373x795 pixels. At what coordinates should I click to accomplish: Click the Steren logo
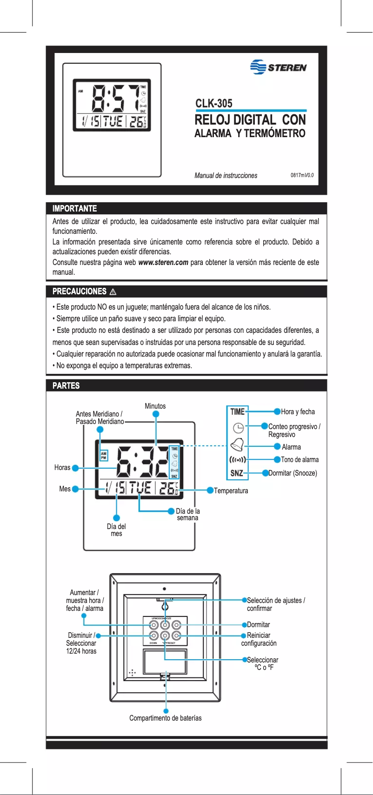pos(278,67)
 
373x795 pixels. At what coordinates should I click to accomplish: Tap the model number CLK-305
pos(213,103)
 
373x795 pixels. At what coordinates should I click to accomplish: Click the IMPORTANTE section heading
pos(74,209)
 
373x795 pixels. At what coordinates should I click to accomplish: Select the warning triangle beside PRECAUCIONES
pos(113,292)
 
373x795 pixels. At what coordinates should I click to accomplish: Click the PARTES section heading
pos(66,385)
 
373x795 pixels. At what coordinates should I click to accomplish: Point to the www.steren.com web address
pos(163,262)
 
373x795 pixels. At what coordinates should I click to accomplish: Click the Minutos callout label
pos(155,406)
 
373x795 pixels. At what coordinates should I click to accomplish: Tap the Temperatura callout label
pos(231,490)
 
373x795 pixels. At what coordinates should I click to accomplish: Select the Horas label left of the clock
pos(62,468)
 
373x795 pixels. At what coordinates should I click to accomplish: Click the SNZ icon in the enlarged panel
pos(237,473)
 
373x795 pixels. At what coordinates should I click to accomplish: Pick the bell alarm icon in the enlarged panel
pos(237,444)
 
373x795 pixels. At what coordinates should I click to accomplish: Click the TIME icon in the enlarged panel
pos(237,411)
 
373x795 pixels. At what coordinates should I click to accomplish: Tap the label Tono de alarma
pos(300,459)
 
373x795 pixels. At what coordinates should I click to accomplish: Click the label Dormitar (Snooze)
pos(293,473)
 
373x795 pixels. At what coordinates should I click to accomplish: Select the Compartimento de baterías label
pos(166,718)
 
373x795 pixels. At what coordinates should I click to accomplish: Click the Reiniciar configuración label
pos(259,639)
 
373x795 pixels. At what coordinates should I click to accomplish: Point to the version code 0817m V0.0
pos(302,175)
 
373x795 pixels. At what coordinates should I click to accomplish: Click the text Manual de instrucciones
pos(226,175)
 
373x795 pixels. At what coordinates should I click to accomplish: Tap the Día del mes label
pos(116,530)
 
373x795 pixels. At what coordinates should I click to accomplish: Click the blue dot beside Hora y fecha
pos(277,411)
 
